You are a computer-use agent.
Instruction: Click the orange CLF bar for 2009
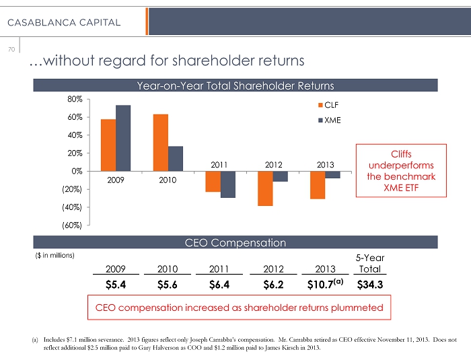[x=108, y=145]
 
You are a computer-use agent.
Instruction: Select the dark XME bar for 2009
[x=123, y=138]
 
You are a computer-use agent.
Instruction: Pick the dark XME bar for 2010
[x=175, y=159]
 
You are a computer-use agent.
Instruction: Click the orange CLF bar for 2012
[x=264, y=188]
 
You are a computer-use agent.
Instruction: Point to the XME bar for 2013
[x=332, y=174]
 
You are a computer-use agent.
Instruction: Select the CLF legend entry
[x=329, y=106]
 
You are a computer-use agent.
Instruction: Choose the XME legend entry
[x=329, y=120]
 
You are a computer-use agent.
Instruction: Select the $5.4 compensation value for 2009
[x=118, y=284]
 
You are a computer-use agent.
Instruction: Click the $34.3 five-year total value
[x=369, y=284]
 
